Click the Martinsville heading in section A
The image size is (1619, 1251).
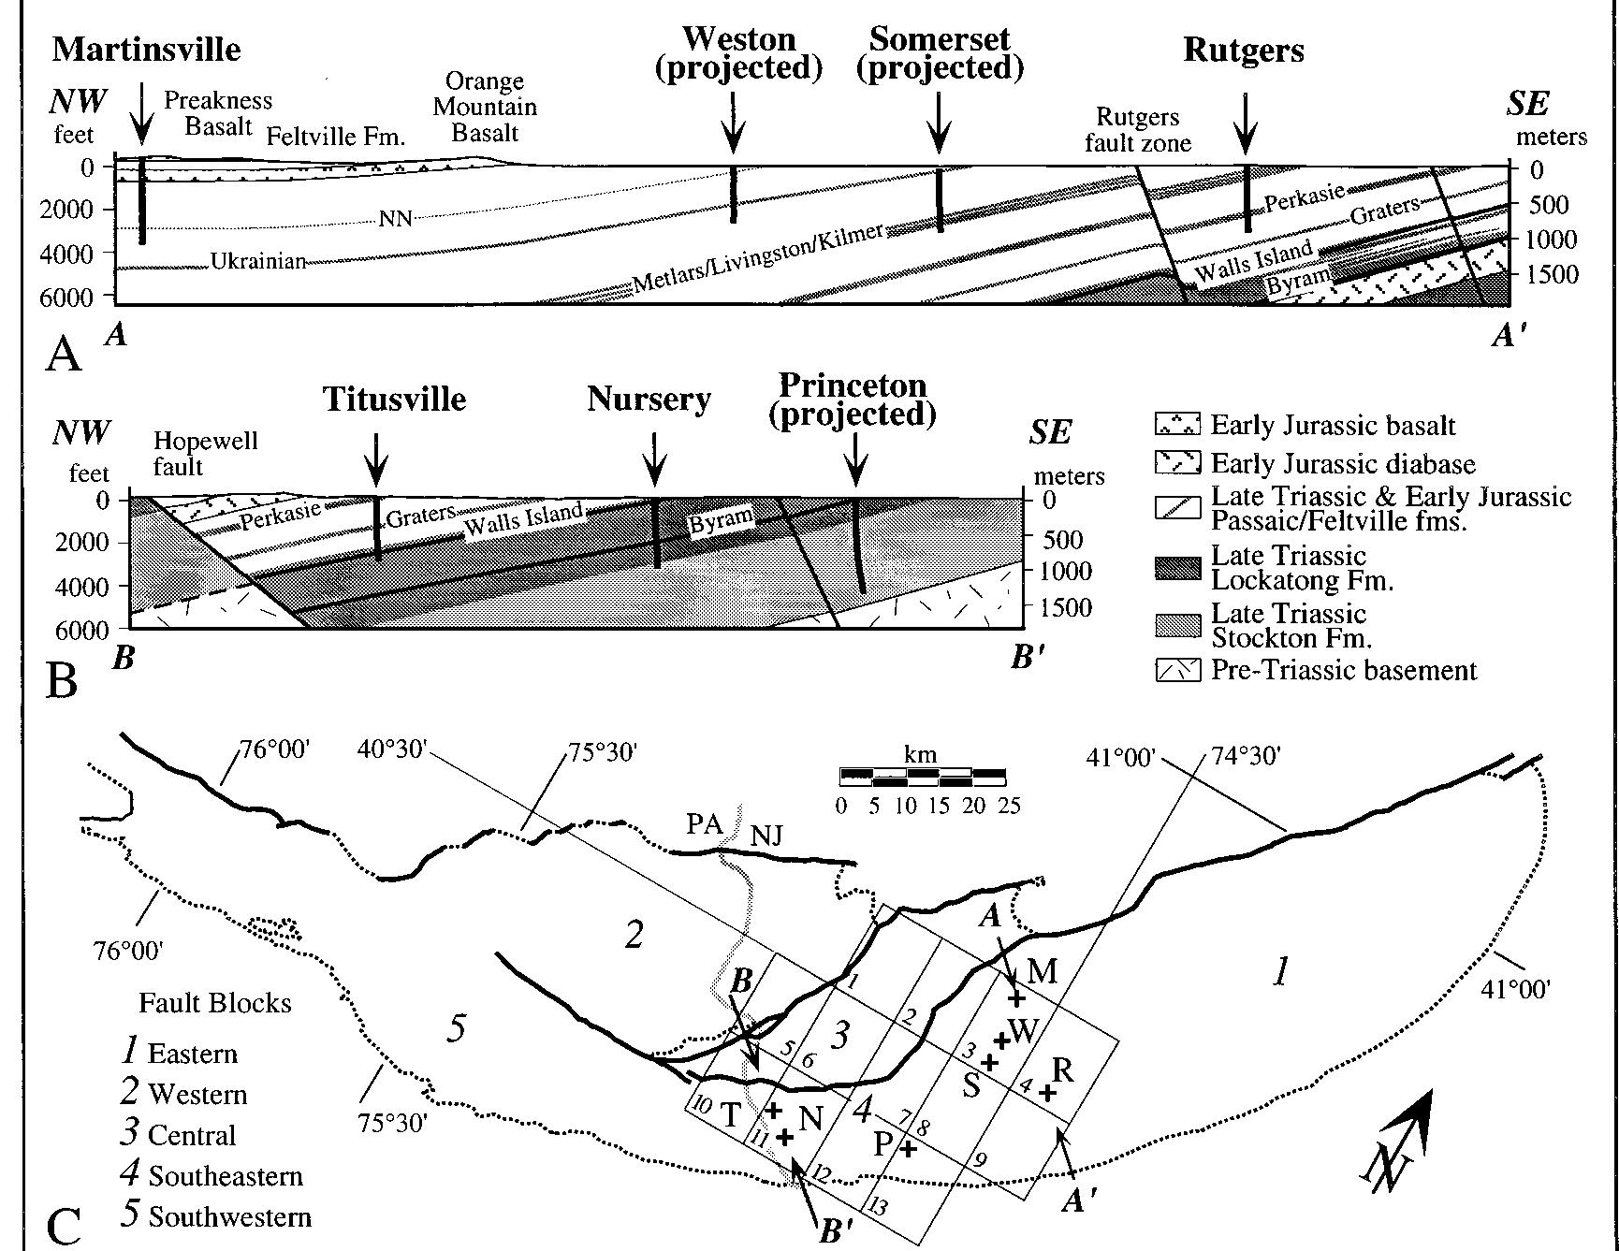(146, 50)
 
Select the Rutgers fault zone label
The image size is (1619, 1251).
(1137, 130)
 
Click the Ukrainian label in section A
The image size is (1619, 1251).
(258, 262)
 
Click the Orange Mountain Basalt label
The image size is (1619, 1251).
(484, 107)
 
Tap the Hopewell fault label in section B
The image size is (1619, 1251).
(204, 453)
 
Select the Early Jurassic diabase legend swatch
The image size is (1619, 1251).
(1177, 463)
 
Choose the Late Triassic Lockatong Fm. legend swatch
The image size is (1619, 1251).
(1177, 567)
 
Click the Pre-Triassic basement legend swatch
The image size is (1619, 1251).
(1177, 670)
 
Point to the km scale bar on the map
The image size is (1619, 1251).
(922, 777)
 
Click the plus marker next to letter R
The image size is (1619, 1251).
(1048, 1092)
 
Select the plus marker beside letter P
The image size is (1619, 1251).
(907, 1148)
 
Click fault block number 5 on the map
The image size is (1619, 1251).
(456, 1029)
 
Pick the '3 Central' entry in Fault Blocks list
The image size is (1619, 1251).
(179, 1134)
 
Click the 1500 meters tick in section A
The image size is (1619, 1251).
(1552, 274)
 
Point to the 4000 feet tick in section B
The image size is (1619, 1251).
(90, 587)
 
